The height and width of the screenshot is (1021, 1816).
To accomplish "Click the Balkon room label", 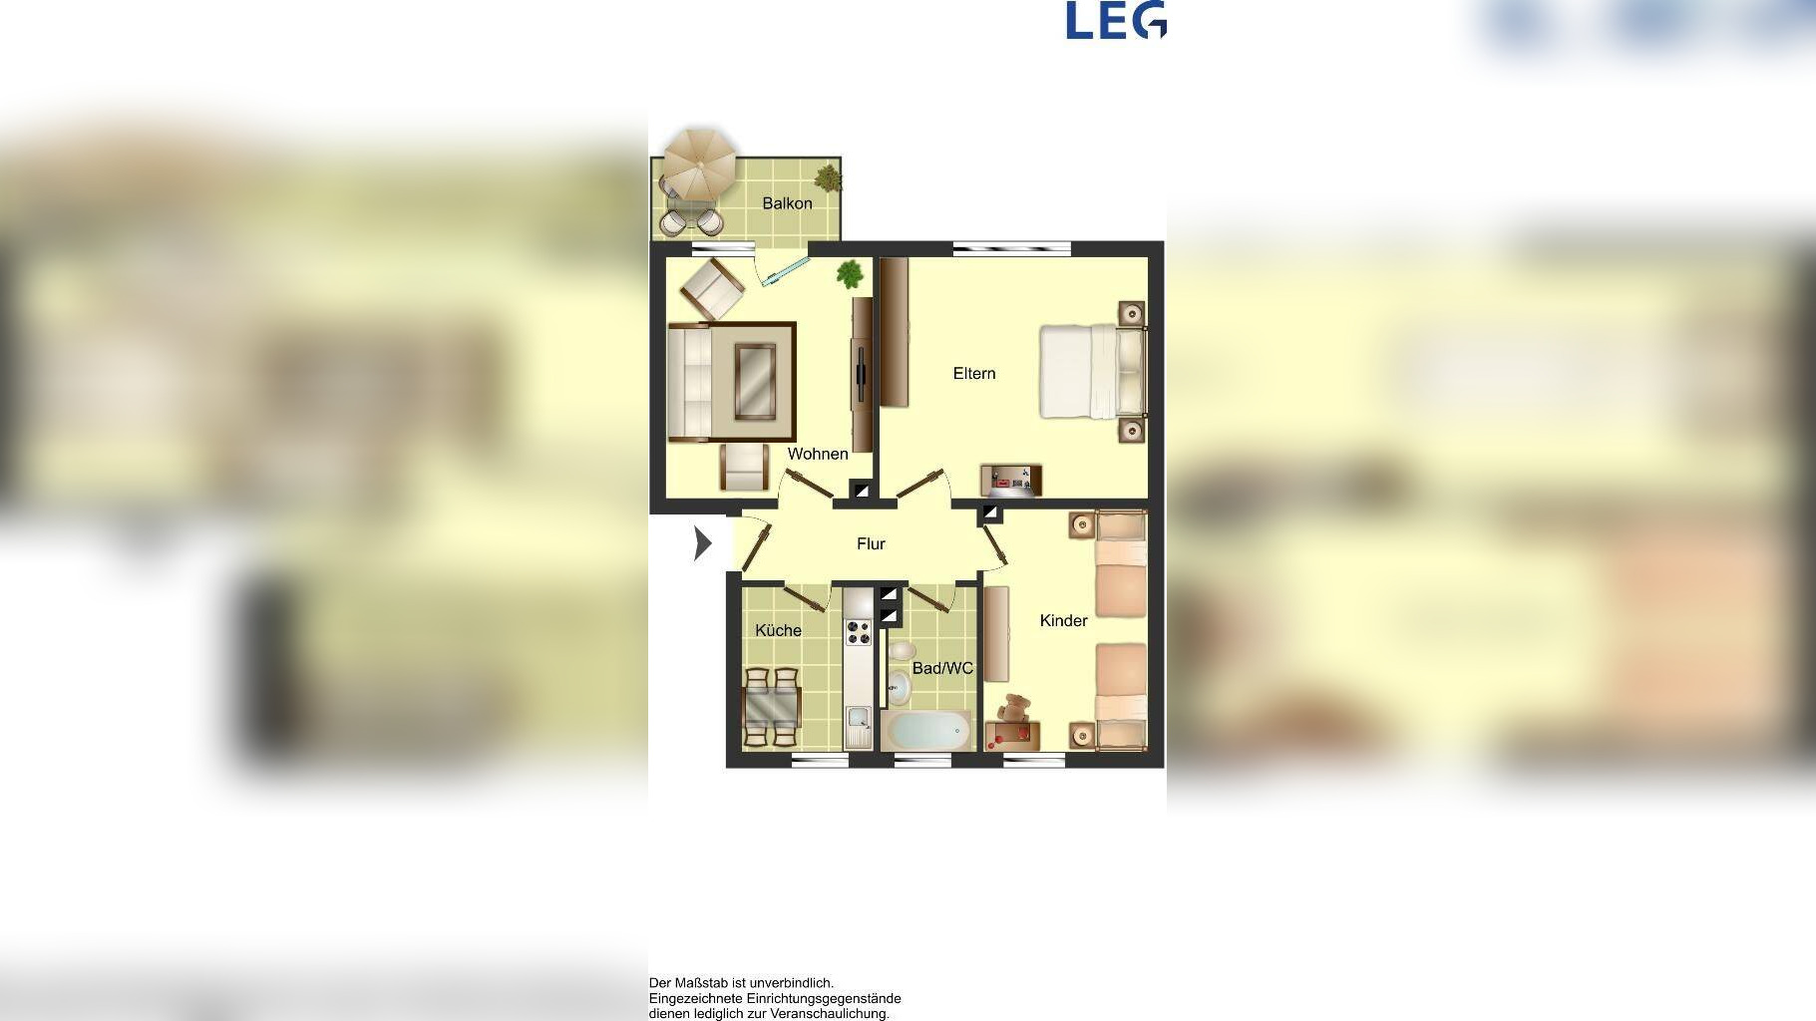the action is pos(787,203).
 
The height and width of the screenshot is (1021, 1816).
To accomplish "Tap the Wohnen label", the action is pos(818,454).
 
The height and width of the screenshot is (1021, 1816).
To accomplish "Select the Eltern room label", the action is pos(974,373).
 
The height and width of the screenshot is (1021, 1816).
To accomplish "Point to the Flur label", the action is pos(871,543).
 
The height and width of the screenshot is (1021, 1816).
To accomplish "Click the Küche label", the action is pos(778,630).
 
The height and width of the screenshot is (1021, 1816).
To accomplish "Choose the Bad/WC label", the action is pos(942,668).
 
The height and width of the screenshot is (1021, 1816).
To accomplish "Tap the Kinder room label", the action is pos(1063,620).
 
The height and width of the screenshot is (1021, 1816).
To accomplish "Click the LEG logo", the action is pos(1116,20).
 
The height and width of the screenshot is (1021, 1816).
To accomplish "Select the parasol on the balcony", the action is pos(700,162).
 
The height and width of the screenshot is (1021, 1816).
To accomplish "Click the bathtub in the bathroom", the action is pos(926,731).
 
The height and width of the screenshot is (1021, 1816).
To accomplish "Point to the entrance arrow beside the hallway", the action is pos(703,543).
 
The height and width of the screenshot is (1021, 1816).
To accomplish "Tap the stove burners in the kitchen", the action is pos(858,632).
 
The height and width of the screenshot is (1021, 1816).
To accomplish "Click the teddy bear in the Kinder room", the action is pos(1016,710).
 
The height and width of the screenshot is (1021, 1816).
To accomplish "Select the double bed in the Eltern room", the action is pos(1092,371).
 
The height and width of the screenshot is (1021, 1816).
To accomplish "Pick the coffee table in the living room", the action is pos(755,381).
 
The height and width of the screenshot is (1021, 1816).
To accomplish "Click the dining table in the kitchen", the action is pos(772,708).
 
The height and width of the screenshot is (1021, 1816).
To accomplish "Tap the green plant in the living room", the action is pos(850,273).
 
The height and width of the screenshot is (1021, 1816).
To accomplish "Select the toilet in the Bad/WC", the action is pos(900,684).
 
